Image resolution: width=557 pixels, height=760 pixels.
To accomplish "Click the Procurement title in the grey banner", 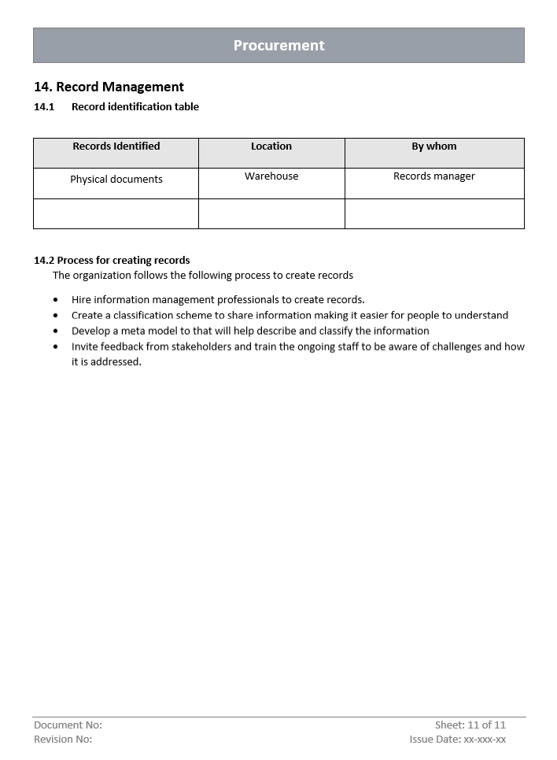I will tap(278, 46).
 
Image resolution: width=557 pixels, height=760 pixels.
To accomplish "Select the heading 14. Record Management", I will tap(109, 87).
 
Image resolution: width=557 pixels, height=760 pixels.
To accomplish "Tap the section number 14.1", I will tap(44, 107).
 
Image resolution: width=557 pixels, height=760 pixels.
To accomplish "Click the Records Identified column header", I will tap(116, 146).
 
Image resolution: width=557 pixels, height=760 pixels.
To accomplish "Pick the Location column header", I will tap(271, 146).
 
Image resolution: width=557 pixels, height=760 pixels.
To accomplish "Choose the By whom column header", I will tap(434, 146).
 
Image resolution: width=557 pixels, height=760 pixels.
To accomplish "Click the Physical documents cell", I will tap(116, 180).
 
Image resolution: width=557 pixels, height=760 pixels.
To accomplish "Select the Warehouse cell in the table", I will tap(271, 176).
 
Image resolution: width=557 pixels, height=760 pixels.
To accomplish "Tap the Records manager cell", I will tap(434, 176).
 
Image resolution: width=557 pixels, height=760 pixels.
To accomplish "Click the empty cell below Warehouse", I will tap(271, 213).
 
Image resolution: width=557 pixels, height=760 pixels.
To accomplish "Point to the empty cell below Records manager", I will tap(434, 213).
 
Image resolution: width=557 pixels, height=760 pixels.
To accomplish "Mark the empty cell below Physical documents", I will tap(116, 213).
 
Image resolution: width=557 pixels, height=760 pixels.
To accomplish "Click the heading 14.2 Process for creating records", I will tap(112, 261).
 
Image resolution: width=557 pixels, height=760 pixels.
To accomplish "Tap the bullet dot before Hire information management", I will tap(56, 300).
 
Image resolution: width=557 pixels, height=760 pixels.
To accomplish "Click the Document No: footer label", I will tap(68, 725).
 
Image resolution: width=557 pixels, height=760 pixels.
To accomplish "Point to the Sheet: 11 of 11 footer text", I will tap(470, 725).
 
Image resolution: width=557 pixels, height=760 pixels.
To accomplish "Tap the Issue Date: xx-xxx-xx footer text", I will tap(458, 740).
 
